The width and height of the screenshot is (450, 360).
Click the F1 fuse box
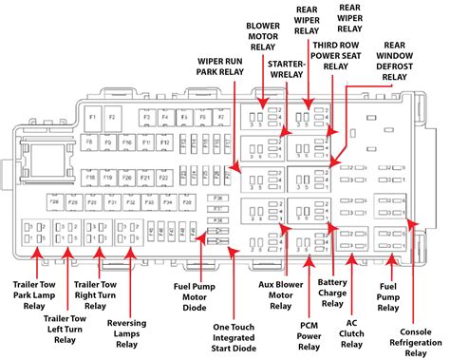point(92,118)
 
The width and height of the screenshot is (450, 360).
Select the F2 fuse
point(113,118)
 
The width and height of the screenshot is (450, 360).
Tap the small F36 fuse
point(217,198)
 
